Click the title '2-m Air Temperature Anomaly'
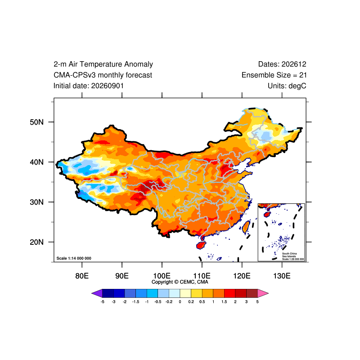tap(103, 64)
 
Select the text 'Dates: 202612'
tap(282, 64)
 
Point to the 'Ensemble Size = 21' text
tap(274, 75)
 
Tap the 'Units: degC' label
tap(287, 86)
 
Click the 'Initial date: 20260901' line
tap(89, 86)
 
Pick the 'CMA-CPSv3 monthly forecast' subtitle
tap(103, 75)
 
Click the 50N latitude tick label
tap(36, 122)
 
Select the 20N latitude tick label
tap(36, 242)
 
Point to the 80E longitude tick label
tap(82, 276)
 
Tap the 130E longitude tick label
tap(282, 276)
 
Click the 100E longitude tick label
tap(162, 276)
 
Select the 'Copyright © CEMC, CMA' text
tap(180, 282)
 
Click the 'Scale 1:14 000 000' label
tap(74, 258)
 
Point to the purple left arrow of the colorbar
tap(97, 293)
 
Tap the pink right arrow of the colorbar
tap(263, 293)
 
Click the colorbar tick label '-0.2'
tap(169, 301)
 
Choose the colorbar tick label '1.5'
tap(224, 301)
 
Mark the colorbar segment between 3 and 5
tap(252, 293)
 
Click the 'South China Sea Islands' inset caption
tap(289, 255)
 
